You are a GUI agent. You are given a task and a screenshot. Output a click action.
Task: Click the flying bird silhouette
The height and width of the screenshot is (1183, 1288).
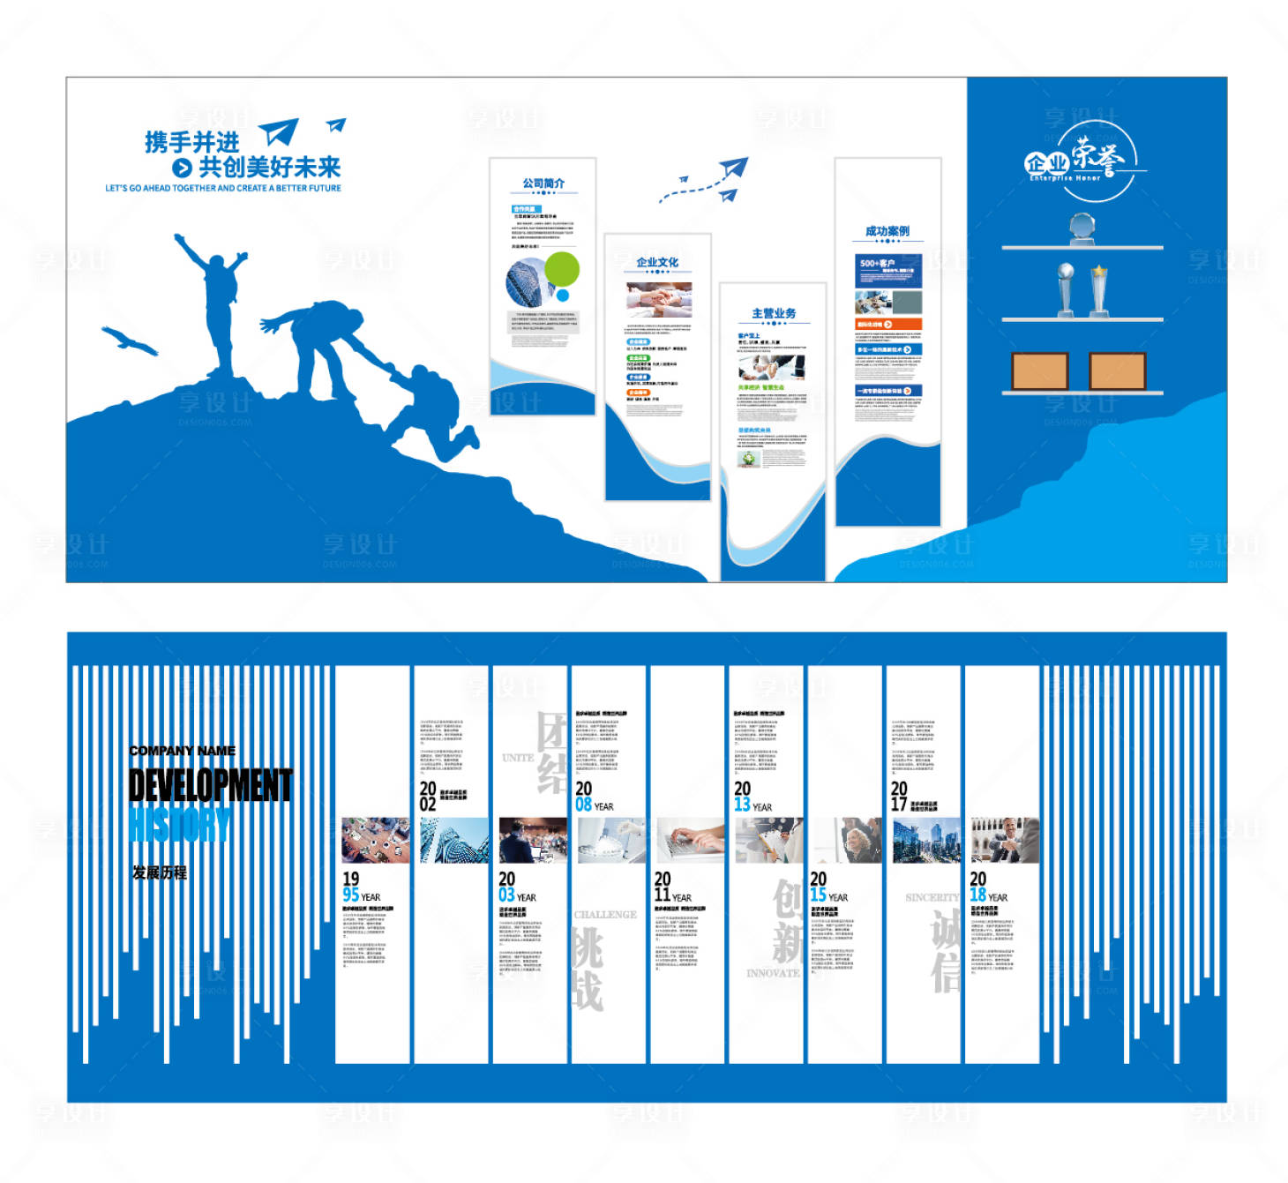click(129, 341)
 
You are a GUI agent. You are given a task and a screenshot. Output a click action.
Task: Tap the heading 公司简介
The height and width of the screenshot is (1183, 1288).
click(543, 183)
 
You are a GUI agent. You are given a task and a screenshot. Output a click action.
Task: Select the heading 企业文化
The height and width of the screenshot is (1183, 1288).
click(657, 262)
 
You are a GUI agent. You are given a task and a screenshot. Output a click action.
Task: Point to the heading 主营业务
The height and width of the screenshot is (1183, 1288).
click(773, 313)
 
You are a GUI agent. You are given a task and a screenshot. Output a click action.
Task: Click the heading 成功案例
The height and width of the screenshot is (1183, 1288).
click(887, 231)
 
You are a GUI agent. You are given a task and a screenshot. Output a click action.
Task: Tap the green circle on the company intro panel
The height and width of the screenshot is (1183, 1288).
click(562, 268)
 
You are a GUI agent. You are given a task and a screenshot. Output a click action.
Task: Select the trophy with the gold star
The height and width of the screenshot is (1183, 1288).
click(1099, 289)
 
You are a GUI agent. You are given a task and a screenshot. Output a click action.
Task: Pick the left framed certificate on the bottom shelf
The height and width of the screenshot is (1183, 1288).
click(1039, 371)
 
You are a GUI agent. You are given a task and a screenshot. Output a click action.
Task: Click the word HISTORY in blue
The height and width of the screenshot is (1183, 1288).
click(179, 826)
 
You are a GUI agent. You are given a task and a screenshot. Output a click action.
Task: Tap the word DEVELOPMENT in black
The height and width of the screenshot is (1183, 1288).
click(210, 785)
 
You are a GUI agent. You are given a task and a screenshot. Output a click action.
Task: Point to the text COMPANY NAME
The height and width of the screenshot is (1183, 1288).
click(182, 751)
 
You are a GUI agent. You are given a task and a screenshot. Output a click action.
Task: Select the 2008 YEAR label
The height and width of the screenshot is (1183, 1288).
click(593, 797)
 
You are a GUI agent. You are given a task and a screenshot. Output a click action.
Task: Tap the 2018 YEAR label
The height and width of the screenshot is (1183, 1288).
click(987, 887)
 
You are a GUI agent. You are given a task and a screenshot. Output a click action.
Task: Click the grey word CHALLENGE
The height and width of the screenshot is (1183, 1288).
click(605, 915)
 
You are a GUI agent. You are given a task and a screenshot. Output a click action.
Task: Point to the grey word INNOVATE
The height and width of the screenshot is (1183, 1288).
click(773, 973)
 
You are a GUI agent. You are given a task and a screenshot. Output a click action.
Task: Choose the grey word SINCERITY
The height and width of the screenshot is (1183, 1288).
click(932, 897)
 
